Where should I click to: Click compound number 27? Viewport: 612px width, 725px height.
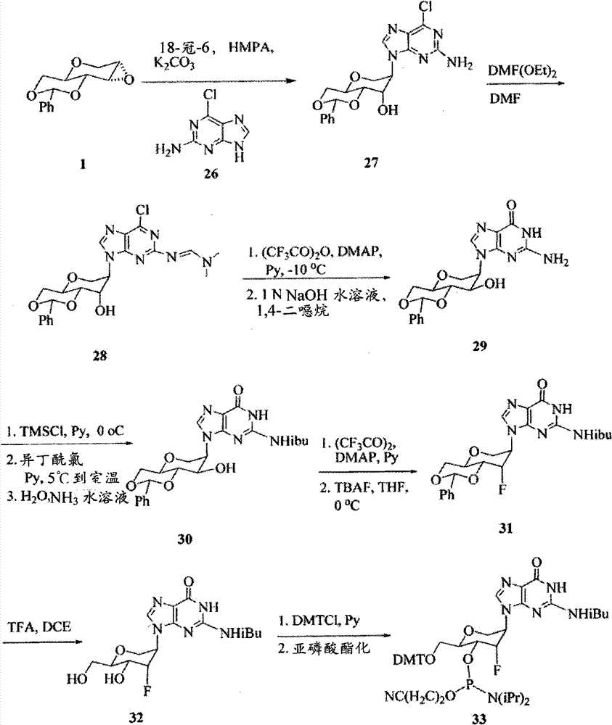(x=370, y=162)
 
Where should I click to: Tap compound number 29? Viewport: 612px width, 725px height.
(x=480, y=346)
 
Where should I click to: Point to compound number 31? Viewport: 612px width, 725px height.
(x=505, y=528)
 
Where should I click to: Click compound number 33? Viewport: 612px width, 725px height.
(x=479, y=718)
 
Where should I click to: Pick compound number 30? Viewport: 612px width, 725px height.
(x=184, y=539)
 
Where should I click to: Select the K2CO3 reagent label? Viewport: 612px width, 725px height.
(x=174, y=63)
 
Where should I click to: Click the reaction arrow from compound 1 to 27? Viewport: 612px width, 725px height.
(x=219, y=81)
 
